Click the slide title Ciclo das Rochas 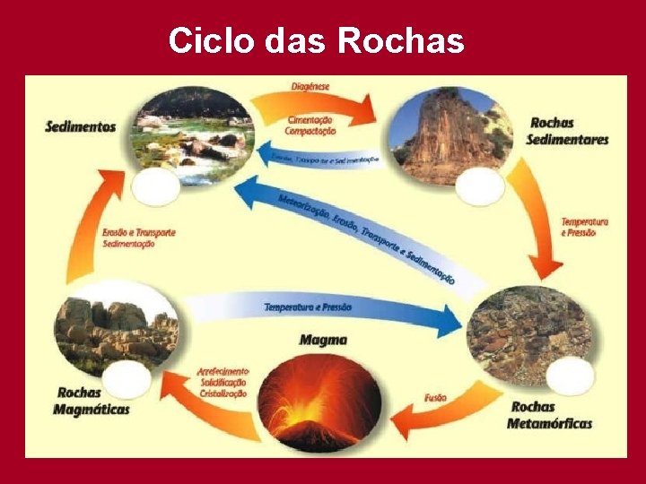(316, 39)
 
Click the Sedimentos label (81, 126)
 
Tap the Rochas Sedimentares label (568, 131)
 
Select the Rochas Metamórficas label (549, 415)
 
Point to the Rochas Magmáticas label (92, 401)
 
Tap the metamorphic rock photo (529, 332)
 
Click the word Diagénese (310, 86)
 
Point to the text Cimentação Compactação (311, 125)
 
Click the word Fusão (437, 398)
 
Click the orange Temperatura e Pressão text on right (584, 226)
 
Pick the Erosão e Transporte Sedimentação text (138, 238)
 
